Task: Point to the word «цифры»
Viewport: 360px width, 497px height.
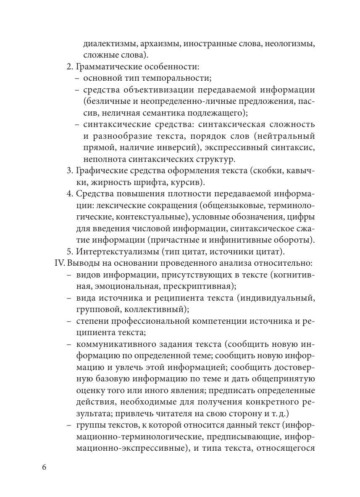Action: click(302, 217)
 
